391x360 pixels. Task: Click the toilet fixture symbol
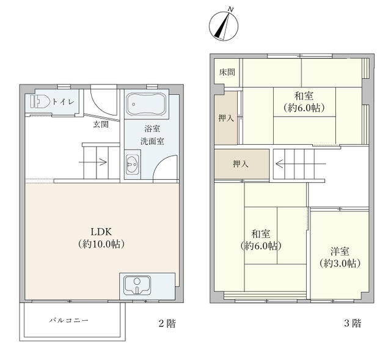coord(40,101)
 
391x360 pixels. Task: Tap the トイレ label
coord(64,102)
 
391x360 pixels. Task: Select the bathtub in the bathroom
coord(145,104)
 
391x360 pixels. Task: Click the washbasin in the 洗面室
coord(133,164)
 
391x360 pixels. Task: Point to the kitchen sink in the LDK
coord(137,285)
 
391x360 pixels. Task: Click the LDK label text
coord(101,232)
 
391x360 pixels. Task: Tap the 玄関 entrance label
coord(101,124)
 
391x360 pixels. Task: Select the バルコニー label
coord(68,320)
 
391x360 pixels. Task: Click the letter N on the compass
coord(231,10)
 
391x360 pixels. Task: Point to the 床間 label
coord(227,72)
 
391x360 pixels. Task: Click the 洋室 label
coord(340,251)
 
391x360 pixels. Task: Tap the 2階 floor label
coord(167,323)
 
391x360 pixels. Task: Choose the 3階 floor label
coord(353,323)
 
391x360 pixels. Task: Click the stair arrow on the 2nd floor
coord(93,163)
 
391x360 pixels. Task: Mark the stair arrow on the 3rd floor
coord(301,164)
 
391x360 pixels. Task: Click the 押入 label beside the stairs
coord(241,164)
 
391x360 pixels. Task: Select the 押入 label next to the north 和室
coord(226,118)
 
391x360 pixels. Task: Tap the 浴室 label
coord(152,129)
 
